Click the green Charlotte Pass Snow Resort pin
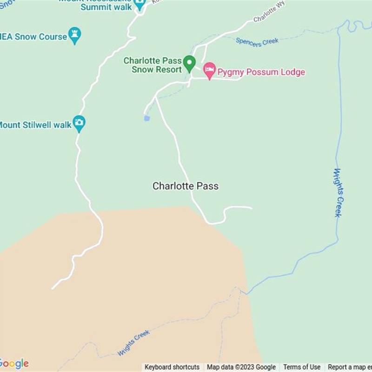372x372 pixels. pos(189,63)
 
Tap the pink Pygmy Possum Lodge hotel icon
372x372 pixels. pos(210,71)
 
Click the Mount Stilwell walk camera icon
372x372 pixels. pos(79,123)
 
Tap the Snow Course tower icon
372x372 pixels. pos(74,35)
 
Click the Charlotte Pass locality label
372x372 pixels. pos(186,186)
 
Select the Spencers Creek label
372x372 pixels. pos(257,42)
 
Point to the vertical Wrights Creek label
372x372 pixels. pos(338,193)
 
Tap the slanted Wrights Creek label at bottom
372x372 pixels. pos(133,343)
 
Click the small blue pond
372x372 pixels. pos(147,118)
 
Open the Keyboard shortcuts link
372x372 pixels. pos(172,367)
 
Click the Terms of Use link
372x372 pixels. pos(302,367)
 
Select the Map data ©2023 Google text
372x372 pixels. pos(241,367)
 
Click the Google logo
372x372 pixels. pos(14,364)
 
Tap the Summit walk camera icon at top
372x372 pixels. pos(139,5)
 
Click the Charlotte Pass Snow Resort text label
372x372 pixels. pos(153,65)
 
